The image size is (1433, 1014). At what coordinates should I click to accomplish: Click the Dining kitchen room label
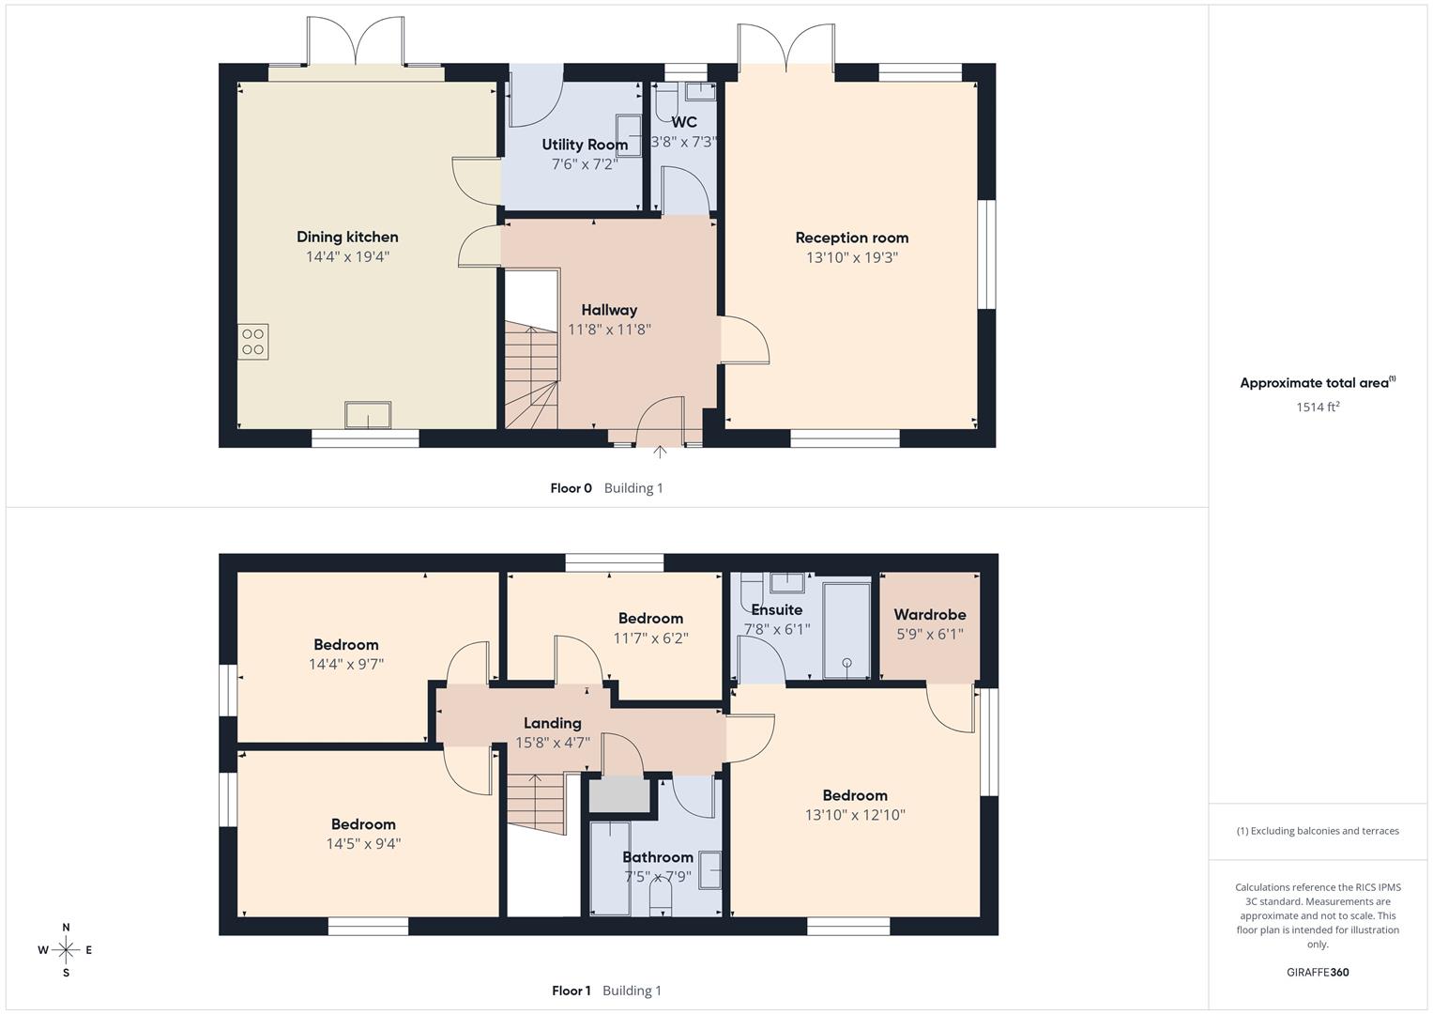click(x=347, y=237)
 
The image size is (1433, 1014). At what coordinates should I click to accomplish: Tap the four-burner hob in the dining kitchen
click(x=252, y=341)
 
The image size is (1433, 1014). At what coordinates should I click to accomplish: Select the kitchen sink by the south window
click(x=368, y=414)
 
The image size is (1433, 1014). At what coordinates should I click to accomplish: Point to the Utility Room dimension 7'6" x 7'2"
click(x=585, y=164)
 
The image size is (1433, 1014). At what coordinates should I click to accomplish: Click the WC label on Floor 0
click(x=684, y=122)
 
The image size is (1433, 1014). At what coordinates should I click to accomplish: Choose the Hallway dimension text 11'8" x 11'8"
click(x=609, y=330)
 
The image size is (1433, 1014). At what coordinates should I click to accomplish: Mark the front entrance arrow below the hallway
click(x=660, y=453)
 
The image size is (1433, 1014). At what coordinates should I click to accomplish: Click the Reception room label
click(x=851, y=238)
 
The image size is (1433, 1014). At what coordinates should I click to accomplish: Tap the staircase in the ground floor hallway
click(x=531, y=376)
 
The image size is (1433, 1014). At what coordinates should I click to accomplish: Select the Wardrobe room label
click(x=929, y=615)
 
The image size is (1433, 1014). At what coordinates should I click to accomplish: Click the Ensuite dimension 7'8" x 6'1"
click(x=776, y=630)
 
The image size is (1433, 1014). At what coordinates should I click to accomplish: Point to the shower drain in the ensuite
click(x=846, y=663)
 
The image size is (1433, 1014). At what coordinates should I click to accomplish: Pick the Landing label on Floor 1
click(x=552, y=723)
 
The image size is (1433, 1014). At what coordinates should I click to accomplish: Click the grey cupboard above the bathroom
click(x=619, y=794)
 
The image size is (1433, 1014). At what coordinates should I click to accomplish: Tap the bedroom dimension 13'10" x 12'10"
click(x=855, y=815)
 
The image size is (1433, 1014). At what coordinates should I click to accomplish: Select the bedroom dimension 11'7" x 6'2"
click(x=650, y=638)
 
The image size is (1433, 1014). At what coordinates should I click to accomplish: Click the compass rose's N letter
click(x=66, y=928)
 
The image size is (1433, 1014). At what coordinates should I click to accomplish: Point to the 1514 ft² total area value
click(x=1318, y=407)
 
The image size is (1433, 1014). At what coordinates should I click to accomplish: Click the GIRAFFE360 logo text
click(x=1318, y=973)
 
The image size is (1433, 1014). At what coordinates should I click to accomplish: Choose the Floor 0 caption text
click(x=571, y=488)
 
